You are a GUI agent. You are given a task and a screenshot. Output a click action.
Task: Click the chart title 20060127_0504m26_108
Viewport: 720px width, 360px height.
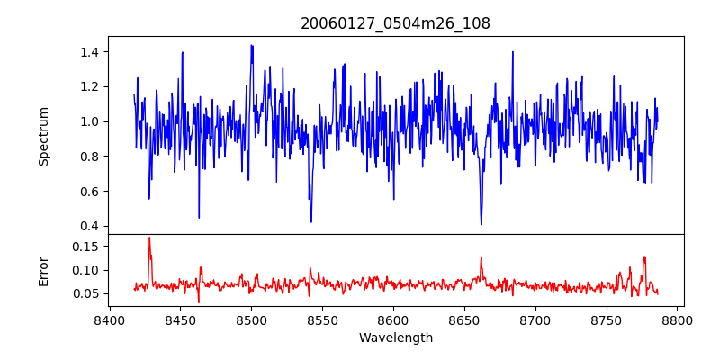pos(395,23)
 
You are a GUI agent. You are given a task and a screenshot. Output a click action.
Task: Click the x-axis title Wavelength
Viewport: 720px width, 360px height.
pos(395,337)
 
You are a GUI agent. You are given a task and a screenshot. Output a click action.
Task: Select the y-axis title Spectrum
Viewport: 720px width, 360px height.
pos(43,136)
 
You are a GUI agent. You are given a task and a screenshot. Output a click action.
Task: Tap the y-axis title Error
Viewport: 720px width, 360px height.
pos(43,270)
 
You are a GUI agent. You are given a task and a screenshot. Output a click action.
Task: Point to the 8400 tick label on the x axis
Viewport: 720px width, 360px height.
pos(109,319)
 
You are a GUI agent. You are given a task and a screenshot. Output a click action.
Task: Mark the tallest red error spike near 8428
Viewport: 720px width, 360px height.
pos(149,238)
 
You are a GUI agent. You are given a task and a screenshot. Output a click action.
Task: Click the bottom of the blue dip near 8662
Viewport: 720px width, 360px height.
pos(481,224)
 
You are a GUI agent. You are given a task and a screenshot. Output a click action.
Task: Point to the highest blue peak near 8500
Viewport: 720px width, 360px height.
pos(251,45)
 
